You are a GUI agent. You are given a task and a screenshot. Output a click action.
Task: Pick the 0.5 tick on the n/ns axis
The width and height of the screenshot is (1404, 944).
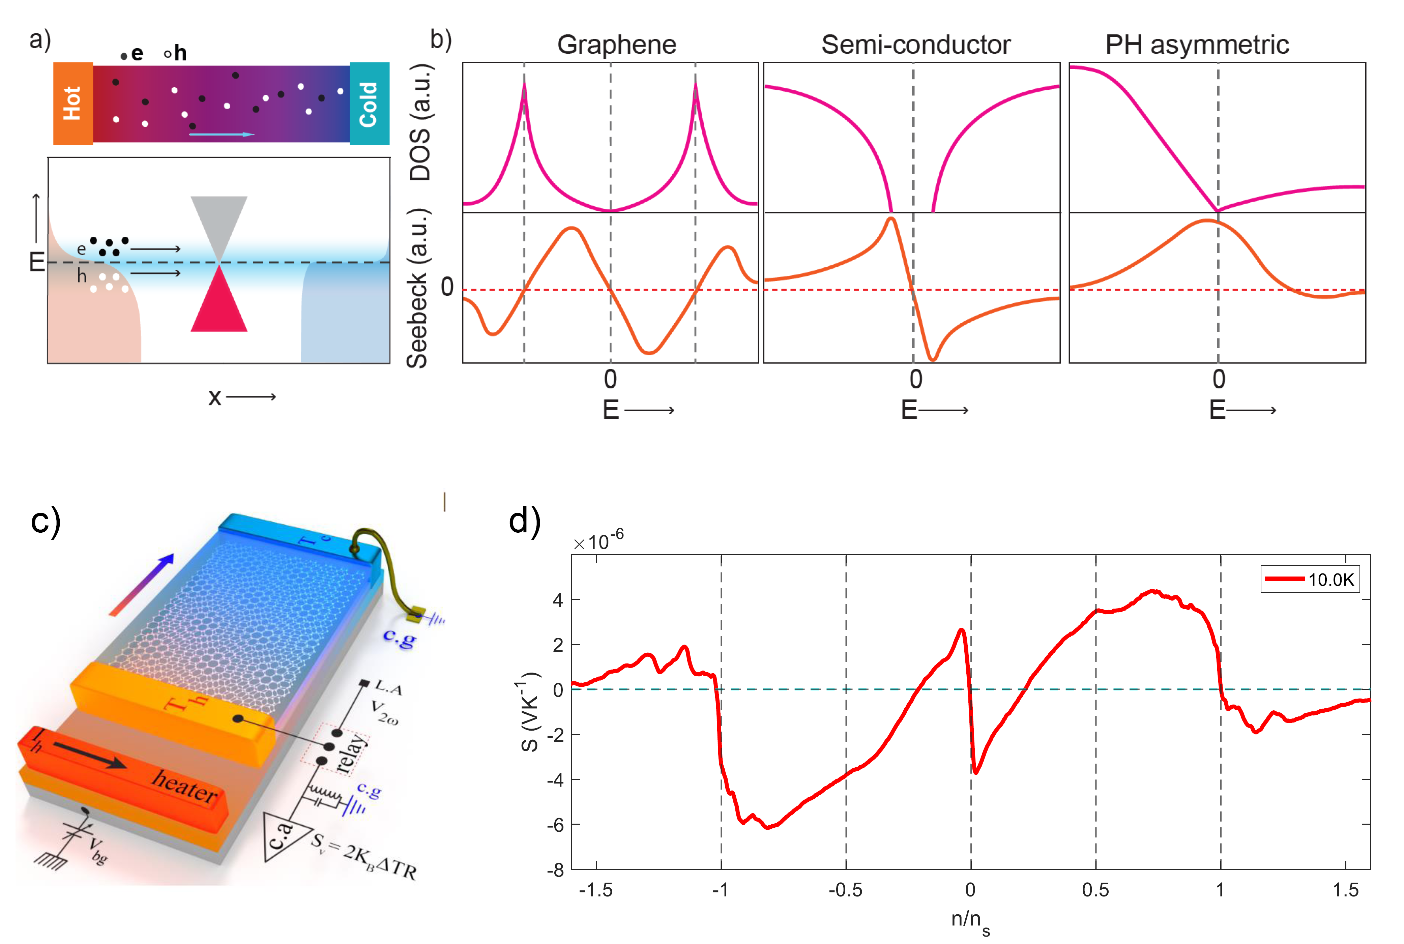pos(1095,890)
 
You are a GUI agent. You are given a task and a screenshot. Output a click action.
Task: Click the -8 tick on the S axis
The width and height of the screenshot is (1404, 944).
pos(555,870)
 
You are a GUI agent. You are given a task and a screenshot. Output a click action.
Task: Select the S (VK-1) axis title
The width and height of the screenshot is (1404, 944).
pos(530,712)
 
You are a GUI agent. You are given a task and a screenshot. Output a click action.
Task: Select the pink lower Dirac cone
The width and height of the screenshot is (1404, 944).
pos(218,304)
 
